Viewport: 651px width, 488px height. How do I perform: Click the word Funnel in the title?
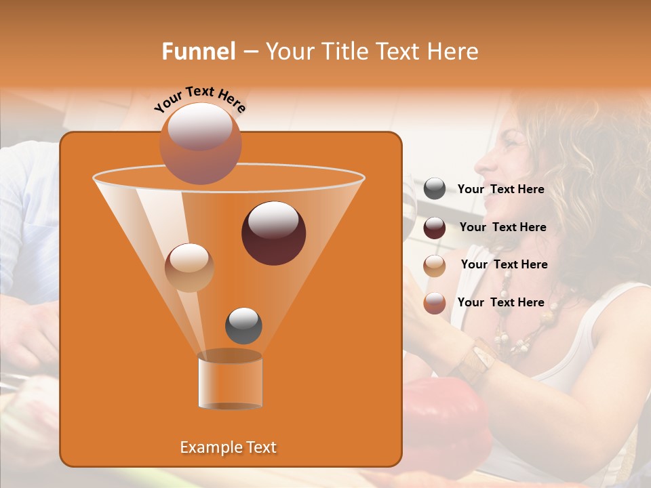[x=199, y=51]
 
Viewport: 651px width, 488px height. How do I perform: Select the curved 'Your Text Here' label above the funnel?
[x=200, y=99]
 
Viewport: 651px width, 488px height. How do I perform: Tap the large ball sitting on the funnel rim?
[x=200, y=143]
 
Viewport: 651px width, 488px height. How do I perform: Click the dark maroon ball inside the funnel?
[x=273, y=232]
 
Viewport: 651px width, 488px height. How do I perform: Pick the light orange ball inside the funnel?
[x=189, y=267]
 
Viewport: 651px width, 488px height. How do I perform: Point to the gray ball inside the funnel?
[x=243, y=325]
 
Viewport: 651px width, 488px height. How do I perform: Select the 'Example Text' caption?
[x=228, y=447]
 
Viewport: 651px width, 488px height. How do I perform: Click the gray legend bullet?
[x=435, y=189]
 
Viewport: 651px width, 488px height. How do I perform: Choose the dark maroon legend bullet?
[x=435, y=228]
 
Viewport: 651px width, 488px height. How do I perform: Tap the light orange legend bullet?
[x=435, y=265]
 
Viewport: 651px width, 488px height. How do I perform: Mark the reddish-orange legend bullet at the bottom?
[x=435, y=303]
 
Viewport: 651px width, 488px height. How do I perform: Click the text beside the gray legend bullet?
[x=500, y=189]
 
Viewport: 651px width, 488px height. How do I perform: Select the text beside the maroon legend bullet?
[x=502, y=227]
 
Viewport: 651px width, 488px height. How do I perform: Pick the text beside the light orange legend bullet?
[x=504, y=264]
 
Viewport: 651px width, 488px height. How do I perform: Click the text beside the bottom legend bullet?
[x=500, y=302]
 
